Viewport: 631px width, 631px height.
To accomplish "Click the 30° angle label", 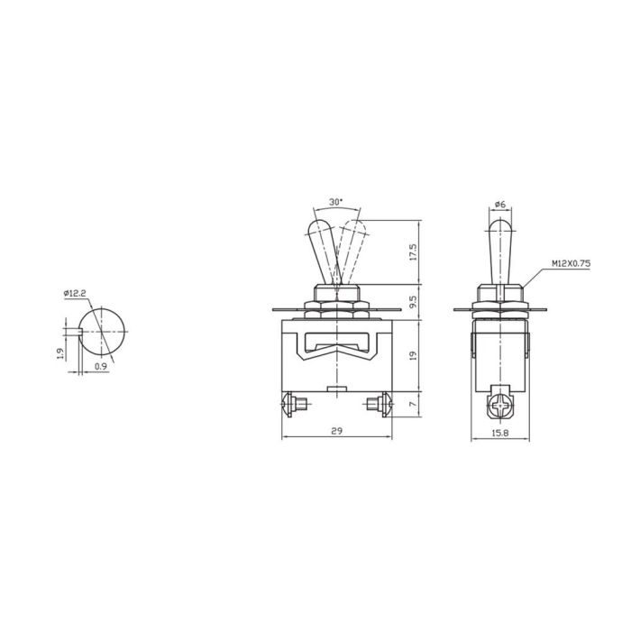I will pyautogui.click(x=335, y=202).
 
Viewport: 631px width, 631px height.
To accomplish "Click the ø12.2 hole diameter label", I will pyautogui.click(x=77, y=294).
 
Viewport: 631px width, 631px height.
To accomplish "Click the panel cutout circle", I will pyautogui.click(x=106, y=330).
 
